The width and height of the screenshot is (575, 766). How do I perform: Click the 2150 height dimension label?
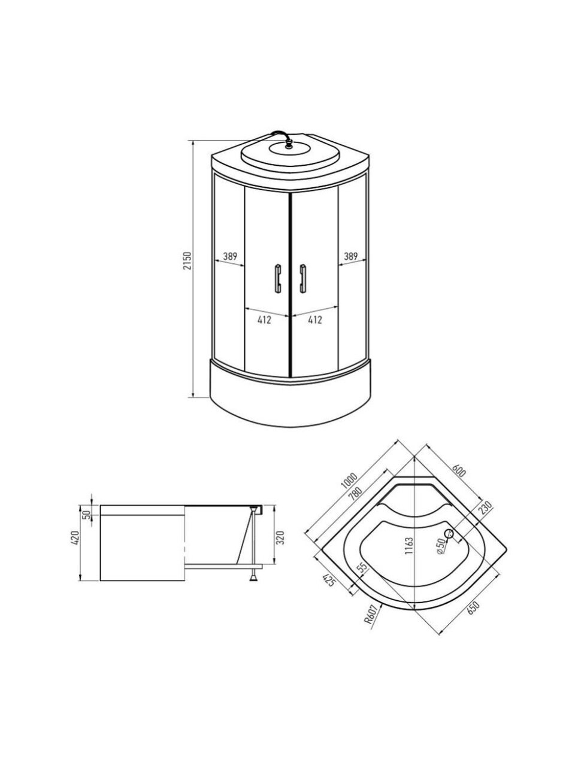(187, 261)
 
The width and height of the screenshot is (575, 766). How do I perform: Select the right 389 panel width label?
(351, 256)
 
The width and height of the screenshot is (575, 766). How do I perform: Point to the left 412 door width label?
(265, 320)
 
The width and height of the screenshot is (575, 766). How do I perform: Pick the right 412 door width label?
(315, 320)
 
